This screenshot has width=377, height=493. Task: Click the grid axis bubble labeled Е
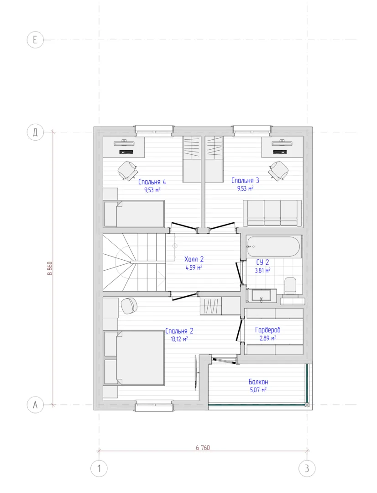pos(35,40)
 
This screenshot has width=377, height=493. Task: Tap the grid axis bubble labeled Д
pos(35,132)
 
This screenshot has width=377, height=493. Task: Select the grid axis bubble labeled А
pos(35,404)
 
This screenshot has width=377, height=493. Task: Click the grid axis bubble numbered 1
pos(99,468)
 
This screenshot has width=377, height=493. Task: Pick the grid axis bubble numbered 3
pos(307,468)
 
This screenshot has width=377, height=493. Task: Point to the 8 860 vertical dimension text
pos(50,268)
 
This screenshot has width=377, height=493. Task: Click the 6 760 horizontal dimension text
pos(203,447)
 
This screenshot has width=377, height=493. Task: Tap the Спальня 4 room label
pos(152,182)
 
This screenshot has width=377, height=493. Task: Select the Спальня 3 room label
pos(245,180)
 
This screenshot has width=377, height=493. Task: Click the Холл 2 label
pos(194,259)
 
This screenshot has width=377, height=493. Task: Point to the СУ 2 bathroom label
pos(262,262)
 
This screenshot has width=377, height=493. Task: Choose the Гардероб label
pos(267,330)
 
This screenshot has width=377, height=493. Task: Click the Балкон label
pos(258,382)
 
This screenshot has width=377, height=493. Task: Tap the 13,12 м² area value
pos(179,339)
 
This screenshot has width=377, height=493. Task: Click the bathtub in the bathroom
pos(274,247)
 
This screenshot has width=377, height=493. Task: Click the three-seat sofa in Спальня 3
pos(272,213)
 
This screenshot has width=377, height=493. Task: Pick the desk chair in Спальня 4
pos(128,171)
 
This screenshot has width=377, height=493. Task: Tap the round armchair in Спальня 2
pos(129,305)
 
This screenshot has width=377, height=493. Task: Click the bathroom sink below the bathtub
pos(261,296)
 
